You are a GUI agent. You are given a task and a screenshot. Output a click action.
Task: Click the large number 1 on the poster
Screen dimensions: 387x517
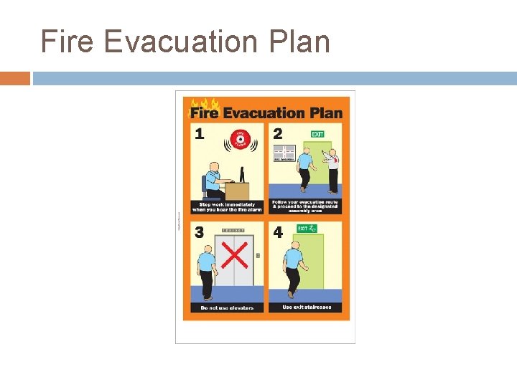click(199, 133)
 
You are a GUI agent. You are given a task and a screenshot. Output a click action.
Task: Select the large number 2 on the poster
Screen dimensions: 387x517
click(278, 133)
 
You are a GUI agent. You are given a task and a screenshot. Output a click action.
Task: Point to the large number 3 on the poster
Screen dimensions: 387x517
click(199, 232)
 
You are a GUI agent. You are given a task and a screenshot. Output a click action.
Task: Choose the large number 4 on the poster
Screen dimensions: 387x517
click(278, 232)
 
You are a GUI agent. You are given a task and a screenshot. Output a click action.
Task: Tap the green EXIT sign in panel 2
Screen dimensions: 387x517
click(317, 134)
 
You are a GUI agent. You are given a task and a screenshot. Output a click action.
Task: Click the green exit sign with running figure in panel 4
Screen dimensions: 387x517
click(307, 229)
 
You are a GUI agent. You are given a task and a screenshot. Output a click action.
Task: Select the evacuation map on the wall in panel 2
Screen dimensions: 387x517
click(284, 153)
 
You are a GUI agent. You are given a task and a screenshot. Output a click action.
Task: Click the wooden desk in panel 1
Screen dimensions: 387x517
click(236, 191)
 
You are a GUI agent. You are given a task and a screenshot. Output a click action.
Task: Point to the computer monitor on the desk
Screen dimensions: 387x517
click(242, 173)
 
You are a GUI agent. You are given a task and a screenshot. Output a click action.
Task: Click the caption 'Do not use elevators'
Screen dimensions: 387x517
click(226, 307)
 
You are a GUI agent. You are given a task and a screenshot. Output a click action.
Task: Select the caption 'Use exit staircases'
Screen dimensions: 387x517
click(307, 307)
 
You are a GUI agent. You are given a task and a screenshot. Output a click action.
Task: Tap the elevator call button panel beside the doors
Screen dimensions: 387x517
click(258, 255)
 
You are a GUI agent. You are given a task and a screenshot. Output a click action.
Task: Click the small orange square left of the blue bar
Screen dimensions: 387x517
click(15, 78)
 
